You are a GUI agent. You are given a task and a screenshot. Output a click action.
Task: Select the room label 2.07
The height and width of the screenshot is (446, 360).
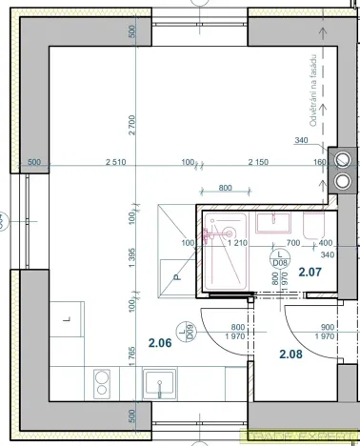(310, 274)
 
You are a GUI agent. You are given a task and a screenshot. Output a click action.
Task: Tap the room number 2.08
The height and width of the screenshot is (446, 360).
(291, 354)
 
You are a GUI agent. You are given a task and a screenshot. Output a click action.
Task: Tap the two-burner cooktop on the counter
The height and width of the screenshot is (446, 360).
(100, 387)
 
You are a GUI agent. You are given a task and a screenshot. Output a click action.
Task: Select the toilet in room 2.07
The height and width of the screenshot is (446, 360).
(311, 226)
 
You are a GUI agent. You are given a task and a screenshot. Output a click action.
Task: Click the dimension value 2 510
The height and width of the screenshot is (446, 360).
(116, 163)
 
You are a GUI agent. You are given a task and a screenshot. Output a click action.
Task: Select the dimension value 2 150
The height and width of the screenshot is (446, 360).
(259, 163)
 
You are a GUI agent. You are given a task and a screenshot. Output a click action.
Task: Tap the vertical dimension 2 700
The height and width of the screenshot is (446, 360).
(133, 125)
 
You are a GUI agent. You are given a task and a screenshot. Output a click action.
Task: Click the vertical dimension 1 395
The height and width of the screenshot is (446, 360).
(133, 259)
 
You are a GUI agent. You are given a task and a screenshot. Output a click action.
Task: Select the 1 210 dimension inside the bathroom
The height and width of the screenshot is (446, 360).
(236, 244)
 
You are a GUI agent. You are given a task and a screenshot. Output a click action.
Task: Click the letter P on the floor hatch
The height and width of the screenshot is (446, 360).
(177, 276)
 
